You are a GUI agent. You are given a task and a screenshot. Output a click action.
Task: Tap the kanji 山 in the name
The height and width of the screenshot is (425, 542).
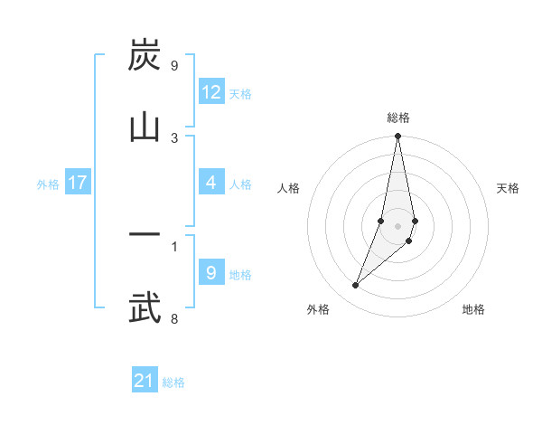point(145,127)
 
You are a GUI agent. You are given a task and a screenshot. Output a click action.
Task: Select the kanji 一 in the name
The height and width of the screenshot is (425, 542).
point(145,235)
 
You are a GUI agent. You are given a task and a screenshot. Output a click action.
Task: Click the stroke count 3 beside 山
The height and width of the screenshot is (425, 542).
point(174,137)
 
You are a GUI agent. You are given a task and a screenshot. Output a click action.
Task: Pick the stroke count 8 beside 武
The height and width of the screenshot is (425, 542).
point(174,317)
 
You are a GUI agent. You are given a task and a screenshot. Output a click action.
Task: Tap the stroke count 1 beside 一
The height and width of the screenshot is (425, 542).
point(174,245)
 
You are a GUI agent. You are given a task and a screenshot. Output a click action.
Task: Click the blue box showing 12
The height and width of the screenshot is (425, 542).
point(211,92)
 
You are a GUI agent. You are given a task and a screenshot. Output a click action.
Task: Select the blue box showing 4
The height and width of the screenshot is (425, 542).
point(211,183)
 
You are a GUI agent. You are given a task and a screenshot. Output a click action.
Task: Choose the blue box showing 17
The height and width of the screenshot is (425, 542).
point(78,183)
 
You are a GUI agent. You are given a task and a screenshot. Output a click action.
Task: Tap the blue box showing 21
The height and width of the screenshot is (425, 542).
point(145,381)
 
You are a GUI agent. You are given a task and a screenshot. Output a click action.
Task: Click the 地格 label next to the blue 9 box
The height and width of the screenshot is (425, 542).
point(240,275)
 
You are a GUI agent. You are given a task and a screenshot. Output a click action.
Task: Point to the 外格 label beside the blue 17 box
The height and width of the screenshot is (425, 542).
point(48,184)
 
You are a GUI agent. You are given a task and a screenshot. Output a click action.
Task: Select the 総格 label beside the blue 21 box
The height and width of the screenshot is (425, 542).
point(173,382)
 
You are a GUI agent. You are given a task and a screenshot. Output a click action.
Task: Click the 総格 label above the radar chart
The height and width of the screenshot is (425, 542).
point(397,118)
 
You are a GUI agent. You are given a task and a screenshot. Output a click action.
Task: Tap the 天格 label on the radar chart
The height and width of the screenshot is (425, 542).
point(508,188)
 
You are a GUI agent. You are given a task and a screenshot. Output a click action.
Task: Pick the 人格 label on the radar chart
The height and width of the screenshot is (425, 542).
point(289,188)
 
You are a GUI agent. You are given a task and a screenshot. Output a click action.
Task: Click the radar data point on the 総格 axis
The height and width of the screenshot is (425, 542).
point(397,137)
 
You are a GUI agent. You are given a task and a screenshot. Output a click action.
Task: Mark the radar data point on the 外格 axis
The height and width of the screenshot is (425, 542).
point(356,285)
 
